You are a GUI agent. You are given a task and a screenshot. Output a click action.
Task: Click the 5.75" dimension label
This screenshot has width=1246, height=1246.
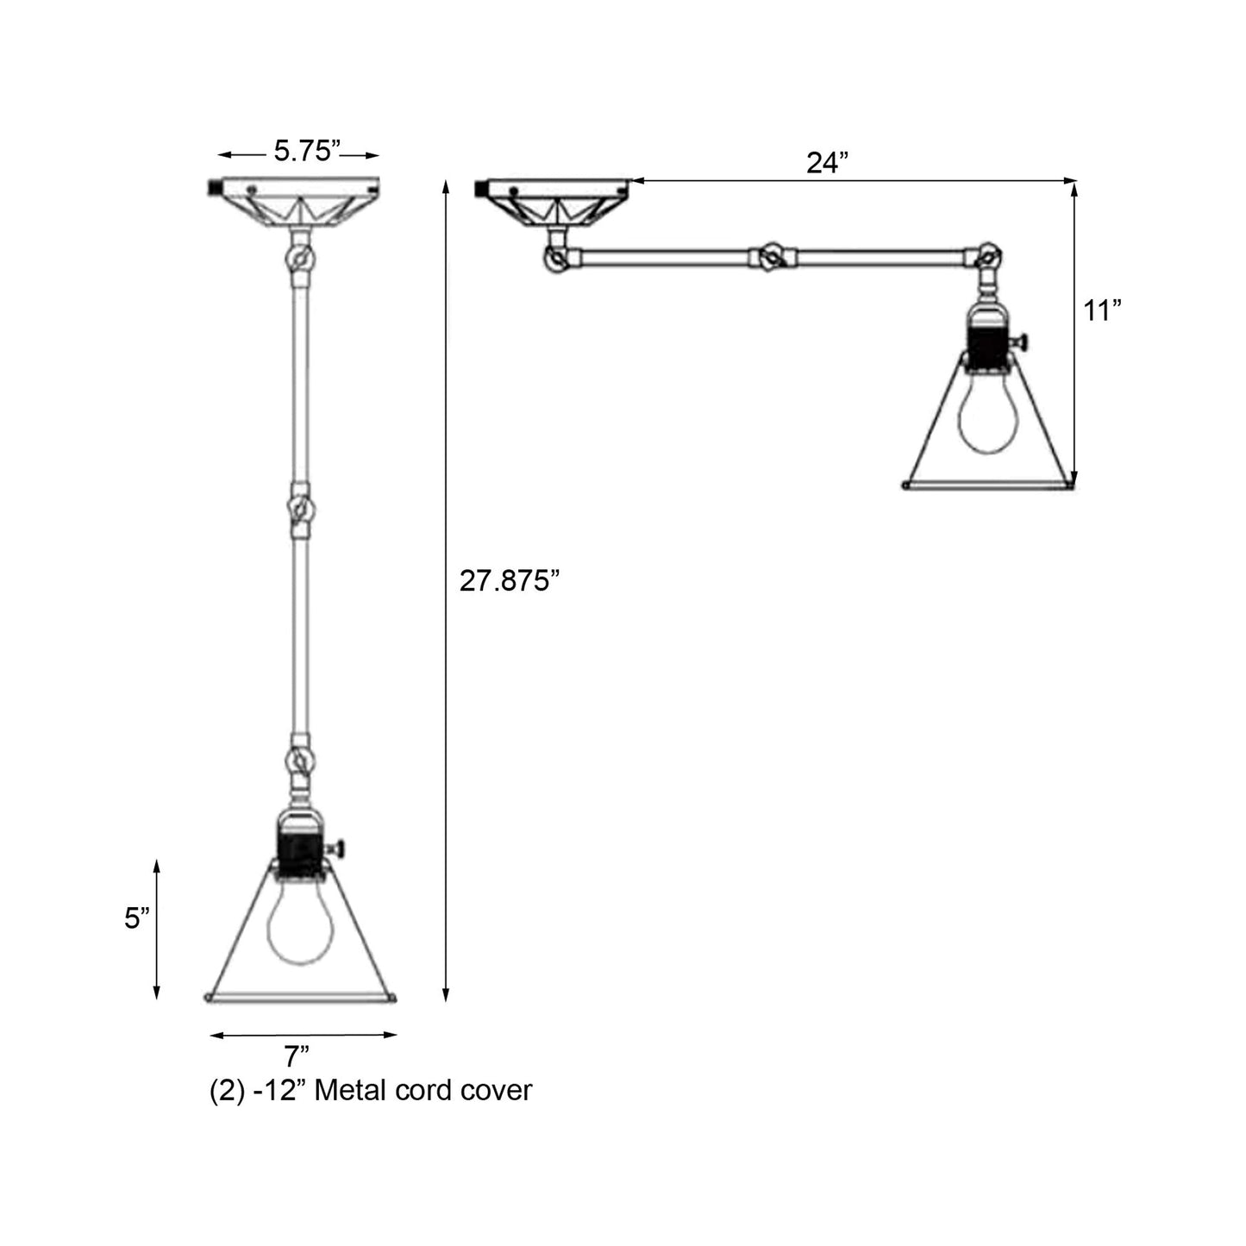[304, 152]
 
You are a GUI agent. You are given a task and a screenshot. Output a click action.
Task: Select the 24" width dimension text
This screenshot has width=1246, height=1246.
[828, 163]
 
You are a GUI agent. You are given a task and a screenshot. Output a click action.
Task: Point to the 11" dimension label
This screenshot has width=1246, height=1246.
[1102, 310]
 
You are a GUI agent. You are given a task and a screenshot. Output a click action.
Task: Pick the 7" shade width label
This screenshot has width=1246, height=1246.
[297, 1056]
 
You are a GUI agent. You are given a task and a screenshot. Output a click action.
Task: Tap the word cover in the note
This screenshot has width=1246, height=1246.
[497, 1090]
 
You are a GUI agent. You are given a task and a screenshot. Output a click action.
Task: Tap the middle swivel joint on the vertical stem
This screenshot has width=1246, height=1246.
[300, 510]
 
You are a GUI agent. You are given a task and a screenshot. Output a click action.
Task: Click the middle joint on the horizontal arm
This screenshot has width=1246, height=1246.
[770, 256]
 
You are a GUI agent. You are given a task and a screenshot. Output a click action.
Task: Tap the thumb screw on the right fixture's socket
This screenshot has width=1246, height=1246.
[1024, 343]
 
